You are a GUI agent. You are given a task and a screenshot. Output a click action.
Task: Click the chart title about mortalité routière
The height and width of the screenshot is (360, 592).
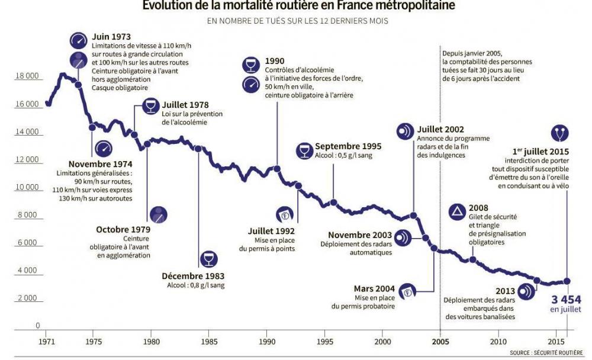pos(299,6)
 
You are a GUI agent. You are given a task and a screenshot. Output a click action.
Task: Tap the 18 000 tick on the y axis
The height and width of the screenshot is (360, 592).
pos(27,76)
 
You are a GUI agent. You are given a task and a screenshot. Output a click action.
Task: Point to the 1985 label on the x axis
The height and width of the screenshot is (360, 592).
pos(208,342)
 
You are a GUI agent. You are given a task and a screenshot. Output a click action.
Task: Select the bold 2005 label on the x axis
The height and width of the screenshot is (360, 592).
pos(440,342)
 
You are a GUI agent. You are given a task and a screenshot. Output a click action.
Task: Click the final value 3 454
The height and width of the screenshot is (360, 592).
pos(566,298)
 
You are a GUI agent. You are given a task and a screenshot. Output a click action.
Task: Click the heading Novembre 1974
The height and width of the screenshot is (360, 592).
pos(100,164)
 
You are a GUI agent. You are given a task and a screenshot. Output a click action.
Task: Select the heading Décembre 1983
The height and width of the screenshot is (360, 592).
pos(192,276)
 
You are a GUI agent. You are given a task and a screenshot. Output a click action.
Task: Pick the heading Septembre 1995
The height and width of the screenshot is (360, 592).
pos(348,146)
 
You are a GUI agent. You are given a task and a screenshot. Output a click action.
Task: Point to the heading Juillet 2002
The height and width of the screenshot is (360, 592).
pos(440,130)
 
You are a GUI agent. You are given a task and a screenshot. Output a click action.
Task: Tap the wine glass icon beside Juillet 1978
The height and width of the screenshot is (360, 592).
pos(151,107)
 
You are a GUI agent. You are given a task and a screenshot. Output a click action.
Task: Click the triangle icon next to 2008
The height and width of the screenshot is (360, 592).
pos(458,211)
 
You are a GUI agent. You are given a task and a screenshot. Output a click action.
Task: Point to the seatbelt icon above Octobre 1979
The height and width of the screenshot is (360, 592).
pos(158,214)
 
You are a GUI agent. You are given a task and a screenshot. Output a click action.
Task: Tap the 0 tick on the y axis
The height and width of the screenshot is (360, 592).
pos(38,326)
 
